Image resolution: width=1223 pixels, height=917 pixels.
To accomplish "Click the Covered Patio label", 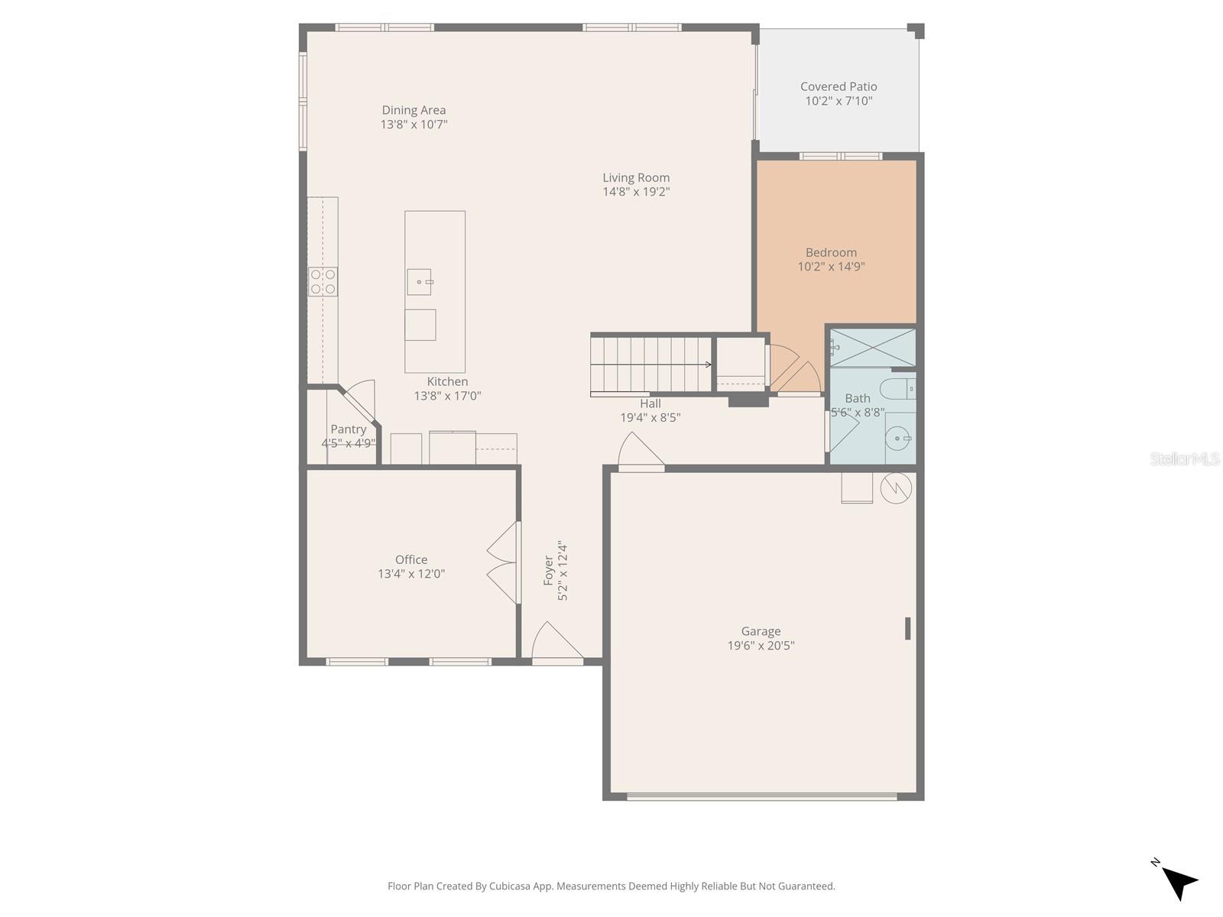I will pyautogui.click(x=839, y=87).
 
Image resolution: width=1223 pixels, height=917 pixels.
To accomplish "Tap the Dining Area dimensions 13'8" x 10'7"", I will pyautogui.click(x=414, y=125).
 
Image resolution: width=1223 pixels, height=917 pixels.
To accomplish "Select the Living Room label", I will pyautogui.click(x=636, y=178).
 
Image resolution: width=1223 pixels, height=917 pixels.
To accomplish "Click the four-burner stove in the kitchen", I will pyautogui.click(x=323, y=281).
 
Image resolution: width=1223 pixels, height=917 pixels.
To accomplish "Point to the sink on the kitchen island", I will pyautogui.click(x=419, y=282).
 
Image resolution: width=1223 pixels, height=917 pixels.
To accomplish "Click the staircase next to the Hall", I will pyautogui.click(x=650, y=365).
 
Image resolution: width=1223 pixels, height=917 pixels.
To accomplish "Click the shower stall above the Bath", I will pyautogui.click(x=872, y=348).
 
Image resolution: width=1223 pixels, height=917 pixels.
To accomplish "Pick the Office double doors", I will pyautogui.click(x=503, y=563).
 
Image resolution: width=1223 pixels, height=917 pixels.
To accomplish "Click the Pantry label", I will pyautogui.click(x=349, y=429).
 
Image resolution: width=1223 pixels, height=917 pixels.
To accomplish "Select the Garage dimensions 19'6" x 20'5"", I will pyautogui.click(x=761, y=646).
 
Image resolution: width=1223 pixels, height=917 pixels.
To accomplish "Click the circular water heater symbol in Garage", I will pyautogui.click(x=896, y=488).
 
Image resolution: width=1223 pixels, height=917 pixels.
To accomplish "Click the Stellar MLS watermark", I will pyautogui.click(x=1184, y=459).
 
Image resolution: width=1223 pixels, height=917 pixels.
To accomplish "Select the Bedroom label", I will pyautogui.click(x=831, y=253).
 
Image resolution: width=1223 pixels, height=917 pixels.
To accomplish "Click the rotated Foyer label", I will pyautogui.click(x=549, y=572).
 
